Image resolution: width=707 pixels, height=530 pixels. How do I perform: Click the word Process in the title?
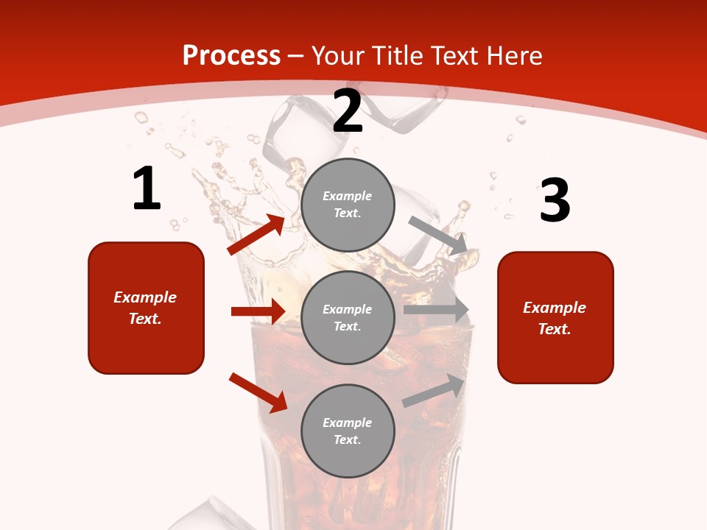click(x=231, y=55)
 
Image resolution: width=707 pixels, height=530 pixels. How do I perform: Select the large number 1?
click(x=146, y=189)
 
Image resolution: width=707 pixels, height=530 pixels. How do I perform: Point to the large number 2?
click(x=348, y=111)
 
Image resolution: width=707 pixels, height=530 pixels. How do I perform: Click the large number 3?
click(x=555, y=201)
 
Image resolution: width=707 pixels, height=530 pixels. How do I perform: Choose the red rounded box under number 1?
click(x=146, y=308)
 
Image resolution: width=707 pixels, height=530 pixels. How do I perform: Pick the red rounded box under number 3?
click(x=555, y=317)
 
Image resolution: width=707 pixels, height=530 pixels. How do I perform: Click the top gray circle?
click(x=348, y=205)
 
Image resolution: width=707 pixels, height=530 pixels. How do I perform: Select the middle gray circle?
click(x=348, y=317)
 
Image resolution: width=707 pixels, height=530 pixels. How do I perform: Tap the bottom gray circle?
click(x=348, y=431)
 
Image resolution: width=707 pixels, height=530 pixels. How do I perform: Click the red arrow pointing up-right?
click(x=256, y=235)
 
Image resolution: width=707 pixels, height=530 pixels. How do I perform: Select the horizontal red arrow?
click(x=258, y=311)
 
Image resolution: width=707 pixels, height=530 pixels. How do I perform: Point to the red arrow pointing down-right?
click(x=258, y=392)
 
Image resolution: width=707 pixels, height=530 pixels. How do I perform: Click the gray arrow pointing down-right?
click(x=437, y=235)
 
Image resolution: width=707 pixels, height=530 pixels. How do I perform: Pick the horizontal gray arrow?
click(x=436, y=310)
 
